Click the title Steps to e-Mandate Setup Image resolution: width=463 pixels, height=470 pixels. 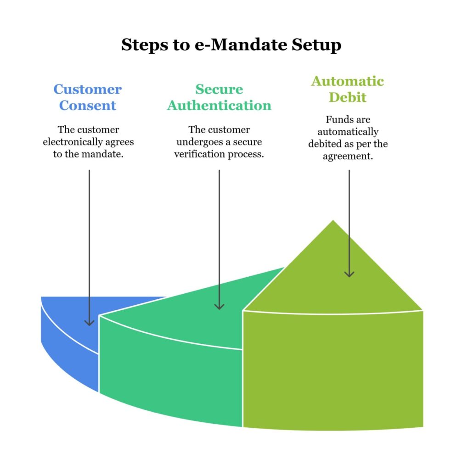click(231, 45)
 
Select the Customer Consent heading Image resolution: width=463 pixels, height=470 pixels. click(87, 97)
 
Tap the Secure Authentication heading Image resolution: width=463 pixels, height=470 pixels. click(219, 97)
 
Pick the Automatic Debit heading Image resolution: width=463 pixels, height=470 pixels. click(347, 89)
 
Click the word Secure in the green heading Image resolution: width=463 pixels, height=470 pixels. click(219, 89)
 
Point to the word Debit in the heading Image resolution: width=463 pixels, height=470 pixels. click(347, 97)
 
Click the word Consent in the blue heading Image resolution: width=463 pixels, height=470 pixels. click(87, 106)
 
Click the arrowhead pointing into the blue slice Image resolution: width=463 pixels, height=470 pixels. click(89, 322)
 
